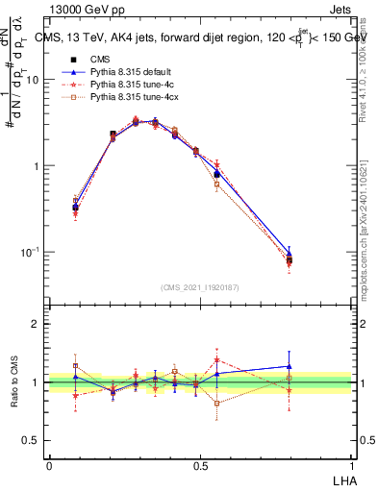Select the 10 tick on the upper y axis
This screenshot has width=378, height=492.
(36, 80)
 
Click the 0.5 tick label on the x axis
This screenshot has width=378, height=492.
(200, 466)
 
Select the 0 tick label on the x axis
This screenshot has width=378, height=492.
(49, 466)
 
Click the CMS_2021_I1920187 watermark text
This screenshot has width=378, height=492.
(200, 286)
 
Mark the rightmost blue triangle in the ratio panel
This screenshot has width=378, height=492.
(289, 366)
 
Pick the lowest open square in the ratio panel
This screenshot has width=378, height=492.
(217, 404)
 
